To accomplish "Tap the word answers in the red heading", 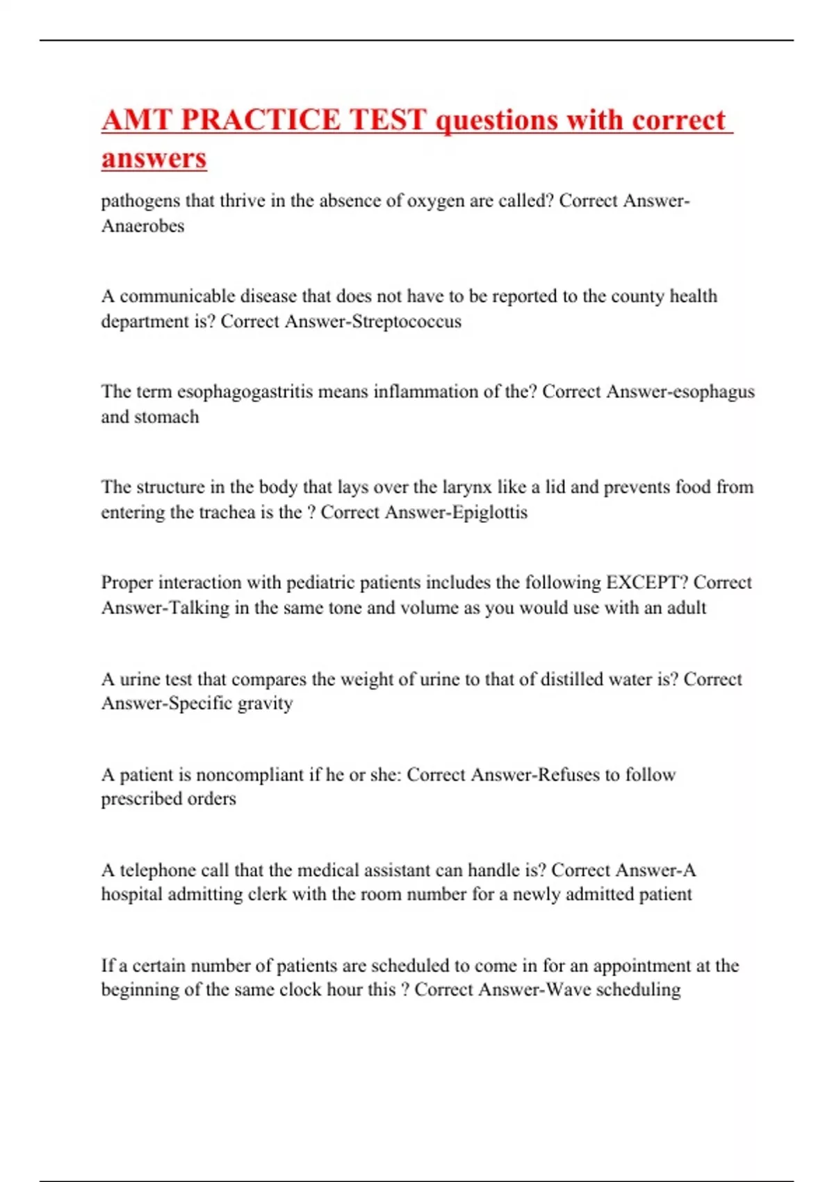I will [x=154, y=158].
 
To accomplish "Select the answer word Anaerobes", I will [x=142, y=226].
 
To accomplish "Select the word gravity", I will [x=265, y=704].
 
